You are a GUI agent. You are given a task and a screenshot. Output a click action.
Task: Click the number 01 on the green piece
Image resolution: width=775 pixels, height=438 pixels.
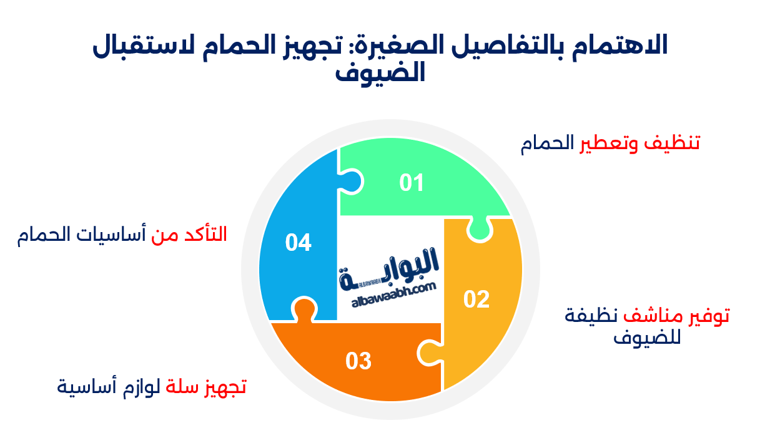point(412,183)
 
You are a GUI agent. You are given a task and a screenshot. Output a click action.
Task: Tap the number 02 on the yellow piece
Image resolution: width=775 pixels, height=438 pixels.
point(476,299)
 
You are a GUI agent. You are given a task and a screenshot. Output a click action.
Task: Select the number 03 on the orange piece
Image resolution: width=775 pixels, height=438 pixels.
point(358,361)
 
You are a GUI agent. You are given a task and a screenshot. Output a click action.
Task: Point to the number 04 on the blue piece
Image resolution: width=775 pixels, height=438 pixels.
point(299,242)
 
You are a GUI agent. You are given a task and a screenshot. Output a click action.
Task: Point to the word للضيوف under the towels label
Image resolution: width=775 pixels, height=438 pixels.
point(647,338)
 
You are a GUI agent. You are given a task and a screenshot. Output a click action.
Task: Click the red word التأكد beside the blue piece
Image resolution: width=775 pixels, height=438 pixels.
point(205,235)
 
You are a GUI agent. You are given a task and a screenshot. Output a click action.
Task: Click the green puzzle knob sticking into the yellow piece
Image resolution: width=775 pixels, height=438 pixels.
point(480,231)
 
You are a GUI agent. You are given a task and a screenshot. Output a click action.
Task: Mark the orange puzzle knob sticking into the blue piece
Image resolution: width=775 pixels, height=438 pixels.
point(304,309)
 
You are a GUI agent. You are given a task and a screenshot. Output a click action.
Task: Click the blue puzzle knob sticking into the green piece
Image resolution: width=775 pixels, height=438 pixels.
point(351,181)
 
